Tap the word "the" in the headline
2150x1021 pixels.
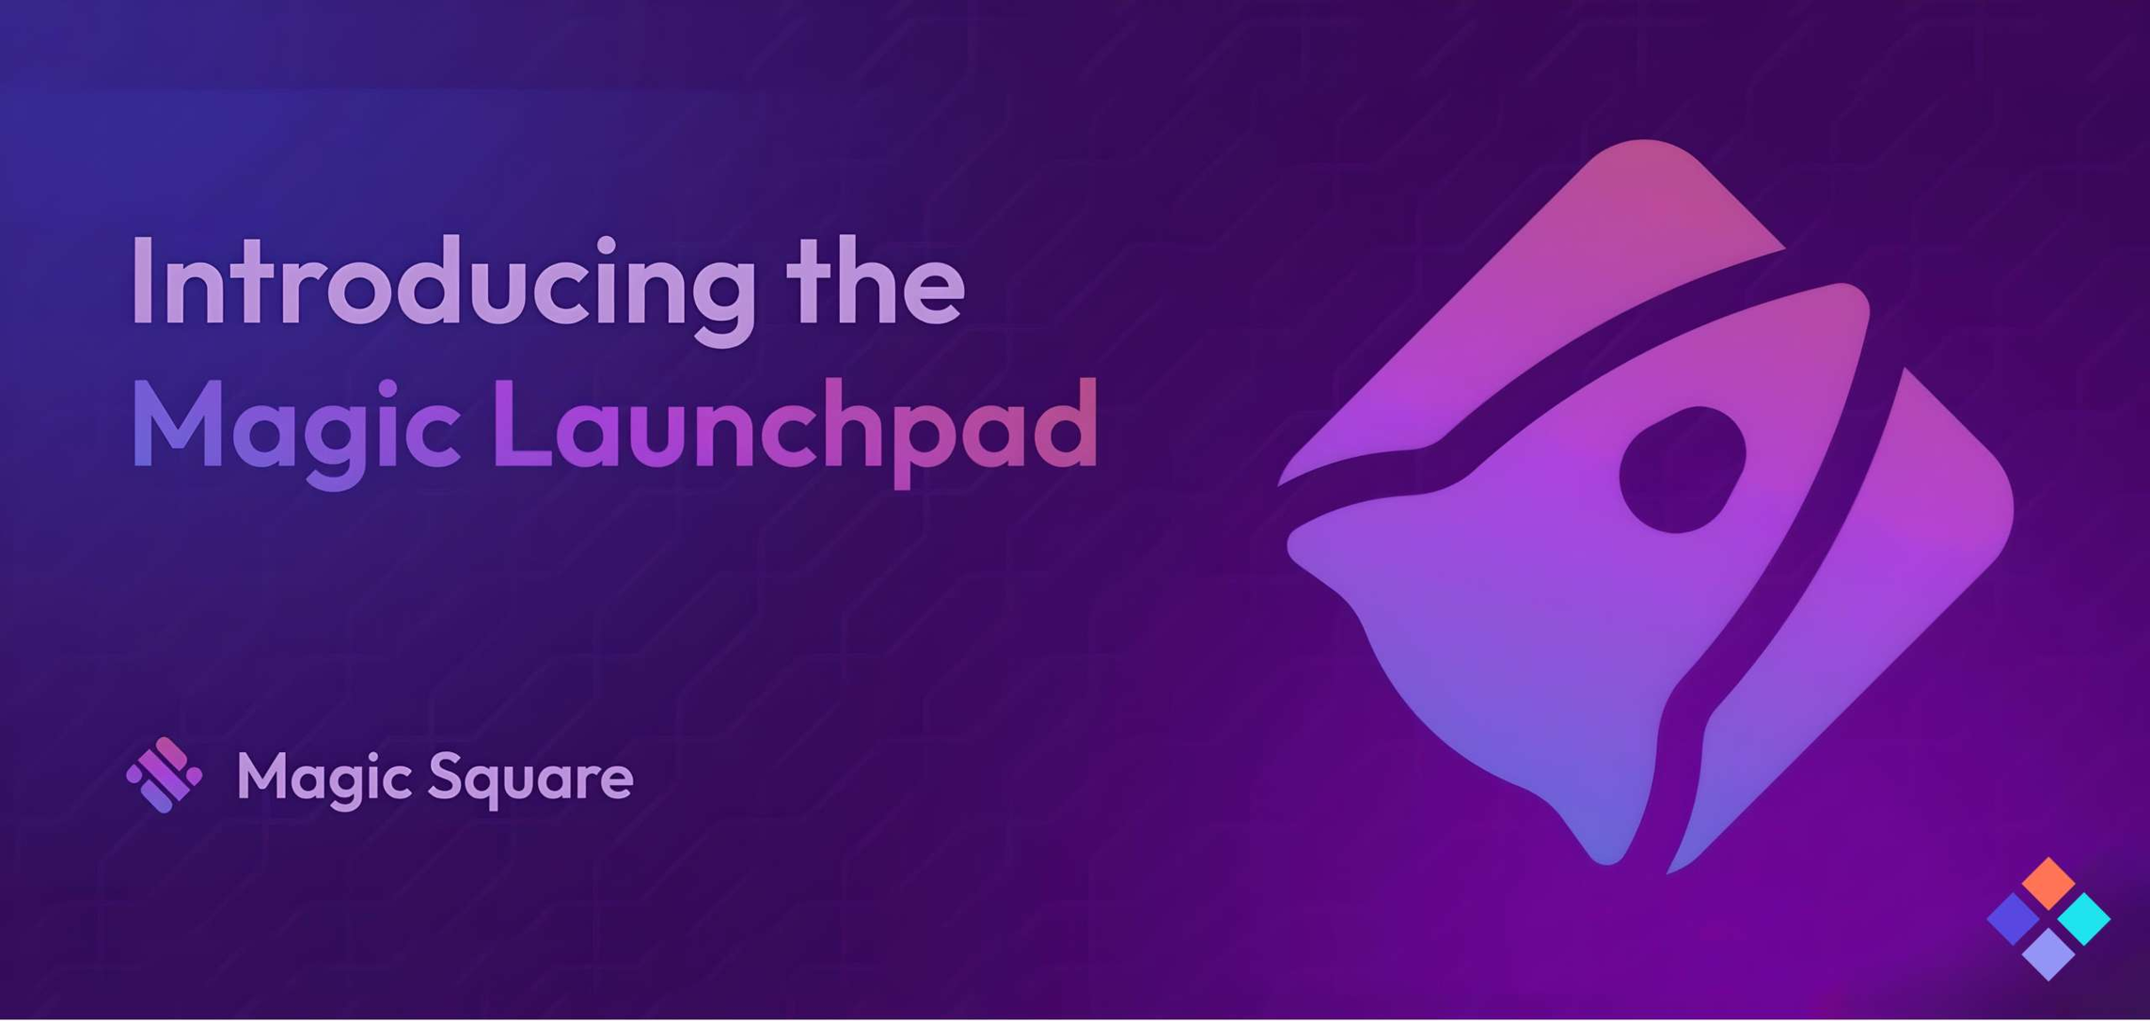coord(876,279)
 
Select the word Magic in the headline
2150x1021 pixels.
coord(295,432)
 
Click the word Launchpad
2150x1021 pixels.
coord(796,432)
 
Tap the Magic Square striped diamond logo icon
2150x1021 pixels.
coord(165,775)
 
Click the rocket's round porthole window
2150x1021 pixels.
coord(1683,470)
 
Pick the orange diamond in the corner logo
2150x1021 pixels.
coord(2048,883)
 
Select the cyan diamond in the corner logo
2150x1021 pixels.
coord(2084,919)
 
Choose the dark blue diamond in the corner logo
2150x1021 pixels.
coord(2014,919)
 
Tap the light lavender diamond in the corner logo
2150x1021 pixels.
coord(2048,954)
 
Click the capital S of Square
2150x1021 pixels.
coord(447,778)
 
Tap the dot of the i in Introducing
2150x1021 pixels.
coord(604,246)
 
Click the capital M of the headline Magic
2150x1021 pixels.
coord(178,422)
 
